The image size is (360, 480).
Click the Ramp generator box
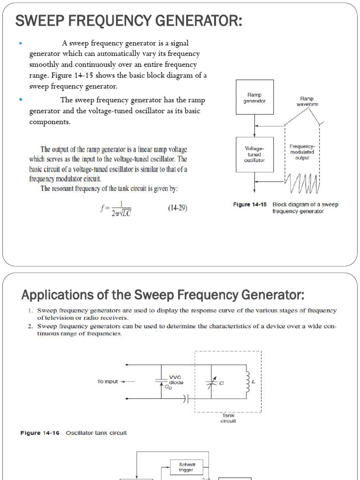tap(255, 97)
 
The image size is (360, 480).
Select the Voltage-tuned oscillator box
tap(255, 154)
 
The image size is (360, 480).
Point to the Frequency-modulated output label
tap(302, 152)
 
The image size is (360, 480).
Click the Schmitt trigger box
tap(187, 467)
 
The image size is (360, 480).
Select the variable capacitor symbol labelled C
tap(211, 383)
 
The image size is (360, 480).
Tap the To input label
tap(108, 382)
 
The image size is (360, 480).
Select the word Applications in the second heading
tap(51, 296)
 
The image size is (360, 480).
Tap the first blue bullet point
tap(20, 44)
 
